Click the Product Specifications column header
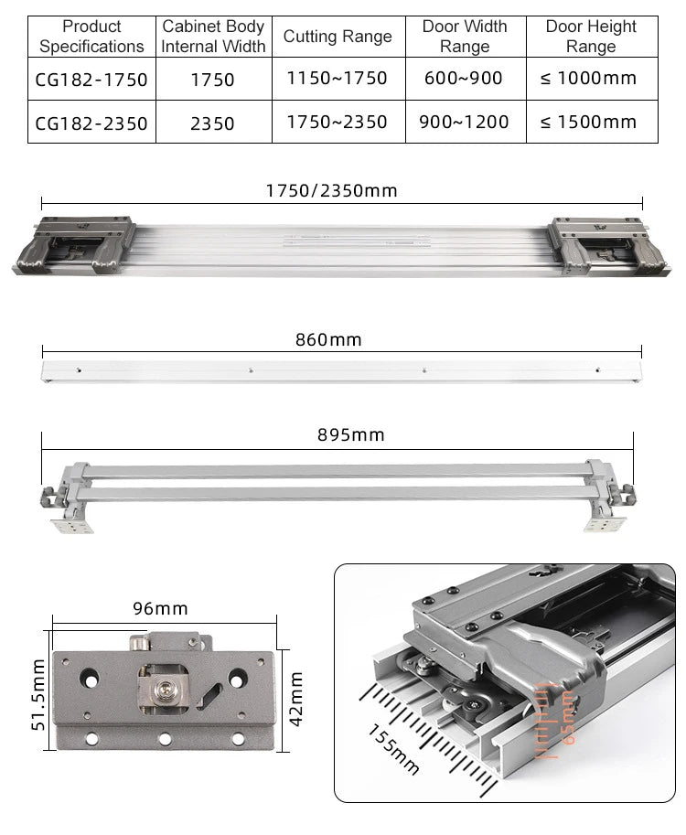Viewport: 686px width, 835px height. click(x=91, y=37)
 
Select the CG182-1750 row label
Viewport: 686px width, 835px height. click(x=91, y=80)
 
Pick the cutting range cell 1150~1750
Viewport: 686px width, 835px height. click(x=338, y=79)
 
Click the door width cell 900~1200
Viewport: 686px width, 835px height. click(x=464, y=123)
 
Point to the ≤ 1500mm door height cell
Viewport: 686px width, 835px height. click(x=589, y=123)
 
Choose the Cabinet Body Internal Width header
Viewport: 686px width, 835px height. click(x=213, y=37)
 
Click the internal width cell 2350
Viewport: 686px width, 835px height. click(x=212, y=123)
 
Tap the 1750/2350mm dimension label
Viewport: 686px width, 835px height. click(x=331, y=191)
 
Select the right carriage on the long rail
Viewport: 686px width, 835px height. click(x=600, y=246)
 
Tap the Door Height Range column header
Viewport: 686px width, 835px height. click(x=590, y=37)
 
